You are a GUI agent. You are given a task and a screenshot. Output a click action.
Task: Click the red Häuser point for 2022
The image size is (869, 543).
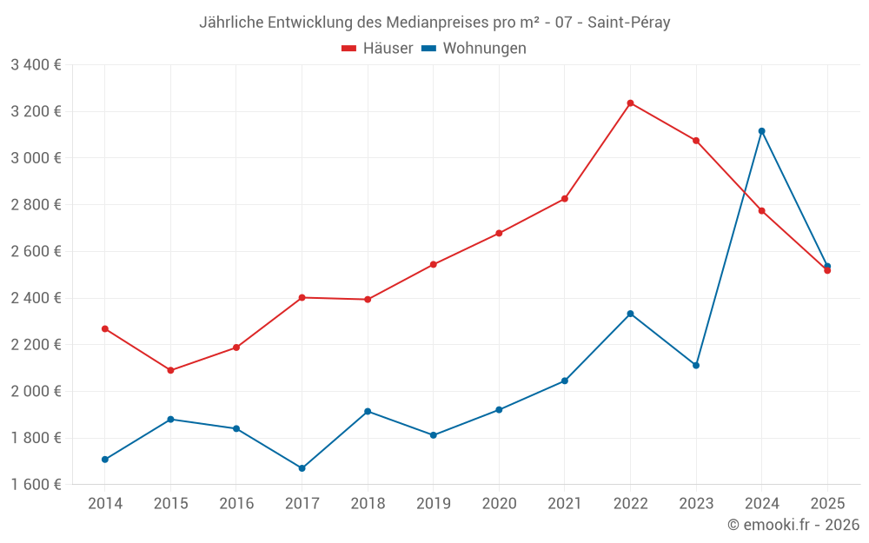pos(630,103)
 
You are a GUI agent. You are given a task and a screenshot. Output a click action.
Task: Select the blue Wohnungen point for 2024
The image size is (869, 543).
pos(762,131)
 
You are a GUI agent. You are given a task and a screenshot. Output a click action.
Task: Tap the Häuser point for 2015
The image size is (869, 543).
pos(170,370)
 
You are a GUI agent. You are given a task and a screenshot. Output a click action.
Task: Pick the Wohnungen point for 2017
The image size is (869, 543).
pos(302,468)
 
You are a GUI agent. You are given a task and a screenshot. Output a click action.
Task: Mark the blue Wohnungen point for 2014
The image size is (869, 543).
pos(105,460)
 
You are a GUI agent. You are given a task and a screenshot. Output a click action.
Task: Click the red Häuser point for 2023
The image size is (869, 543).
pos(696,141)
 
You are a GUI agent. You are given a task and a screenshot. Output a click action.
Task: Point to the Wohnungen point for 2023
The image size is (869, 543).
pos(696,365)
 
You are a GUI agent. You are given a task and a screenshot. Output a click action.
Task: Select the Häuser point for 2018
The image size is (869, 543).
pos(368,300)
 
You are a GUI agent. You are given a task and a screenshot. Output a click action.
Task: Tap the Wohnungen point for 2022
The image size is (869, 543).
pos(630,314)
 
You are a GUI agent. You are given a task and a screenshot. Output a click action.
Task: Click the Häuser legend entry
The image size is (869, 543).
pos(377,49)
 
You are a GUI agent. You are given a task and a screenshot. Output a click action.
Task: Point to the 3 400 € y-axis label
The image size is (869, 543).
pos(36,65)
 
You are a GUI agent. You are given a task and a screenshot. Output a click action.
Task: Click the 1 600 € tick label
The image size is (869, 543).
pos(36,485)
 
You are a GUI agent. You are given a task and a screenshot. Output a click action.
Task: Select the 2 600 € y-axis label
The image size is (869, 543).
pos(36,252)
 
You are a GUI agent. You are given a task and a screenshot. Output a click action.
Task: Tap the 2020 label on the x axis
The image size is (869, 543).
pos(499,504)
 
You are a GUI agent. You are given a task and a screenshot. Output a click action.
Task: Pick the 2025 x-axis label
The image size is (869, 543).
pos(827,504)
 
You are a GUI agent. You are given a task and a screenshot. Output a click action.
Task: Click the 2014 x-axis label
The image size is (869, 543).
pos(105,504)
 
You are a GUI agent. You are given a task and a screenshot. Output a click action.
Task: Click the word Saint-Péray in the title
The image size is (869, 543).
pos(628,23)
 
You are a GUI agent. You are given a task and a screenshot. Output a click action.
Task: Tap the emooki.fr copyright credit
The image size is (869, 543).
pos(793,525)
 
